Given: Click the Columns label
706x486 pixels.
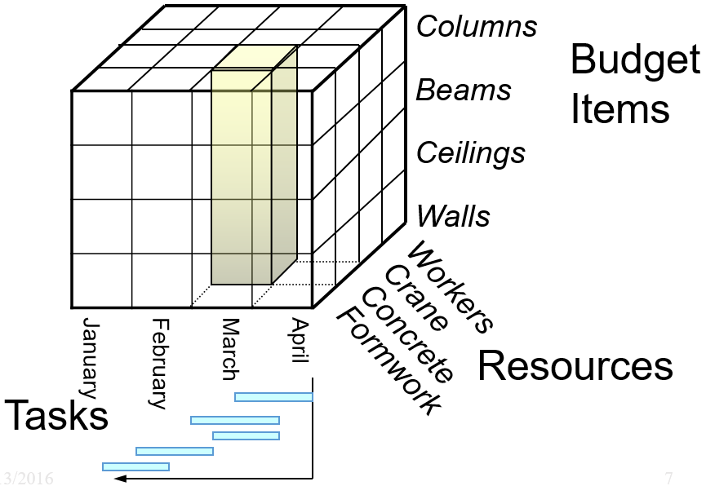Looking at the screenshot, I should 477,27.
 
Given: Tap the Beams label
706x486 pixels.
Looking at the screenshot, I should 464,91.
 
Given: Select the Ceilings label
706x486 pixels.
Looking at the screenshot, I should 471,153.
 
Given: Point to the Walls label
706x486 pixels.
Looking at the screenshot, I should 454,217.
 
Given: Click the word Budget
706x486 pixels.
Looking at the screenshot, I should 635,60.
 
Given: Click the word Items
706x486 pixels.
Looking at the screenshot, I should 619,108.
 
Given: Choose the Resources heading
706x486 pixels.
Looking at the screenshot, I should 575,367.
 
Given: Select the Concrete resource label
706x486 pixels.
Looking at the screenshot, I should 407,335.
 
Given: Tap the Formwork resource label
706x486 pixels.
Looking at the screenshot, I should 391,360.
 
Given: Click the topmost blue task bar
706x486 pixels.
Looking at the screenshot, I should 273,397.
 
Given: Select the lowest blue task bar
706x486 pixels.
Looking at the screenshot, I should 135,466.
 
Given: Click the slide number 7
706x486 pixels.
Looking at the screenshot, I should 669,479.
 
